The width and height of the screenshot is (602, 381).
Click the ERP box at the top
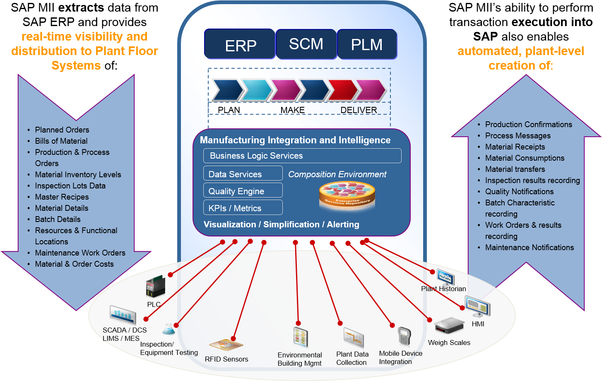[240, 44]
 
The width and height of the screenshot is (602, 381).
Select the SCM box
[306, 44]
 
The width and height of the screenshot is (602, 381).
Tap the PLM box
[367, 44]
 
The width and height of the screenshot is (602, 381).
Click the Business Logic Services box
[302, 156]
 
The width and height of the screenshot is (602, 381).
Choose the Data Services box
[243, 174]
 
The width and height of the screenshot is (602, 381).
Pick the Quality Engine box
[243, 191]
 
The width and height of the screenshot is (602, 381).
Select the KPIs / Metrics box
[243, 208]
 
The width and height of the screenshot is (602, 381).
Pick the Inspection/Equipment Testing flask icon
[168, 330]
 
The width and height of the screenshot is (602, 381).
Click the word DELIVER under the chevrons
[359, 110]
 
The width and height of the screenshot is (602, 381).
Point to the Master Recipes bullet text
[62, 197]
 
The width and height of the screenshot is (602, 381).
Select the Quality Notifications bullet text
[519, 192]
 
